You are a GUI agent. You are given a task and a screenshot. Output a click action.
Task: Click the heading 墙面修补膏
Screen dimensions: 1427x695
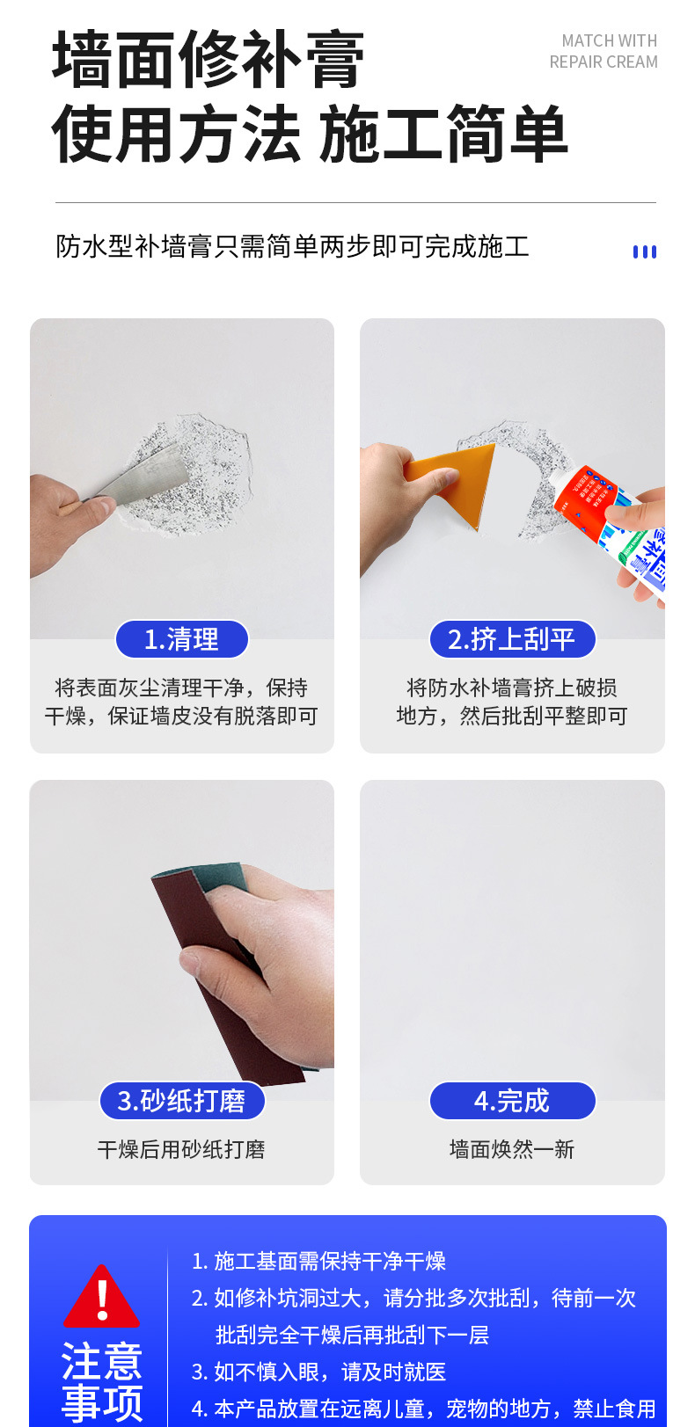coord(208,60)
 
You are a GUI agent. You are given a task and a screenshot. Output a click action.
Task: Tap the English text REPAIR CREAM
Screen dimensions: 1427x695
coord(604,62)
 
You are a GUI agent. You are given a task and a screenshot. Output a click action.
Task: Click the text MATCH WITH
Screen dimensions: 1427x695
coord(609,40)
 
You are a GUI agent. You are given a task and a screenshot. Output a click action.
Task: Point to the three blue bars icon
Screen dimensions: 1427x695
coord(645,251)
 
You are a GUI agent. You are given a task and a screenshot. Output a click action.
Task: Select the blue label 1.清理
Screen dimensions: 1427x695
coord(181,639)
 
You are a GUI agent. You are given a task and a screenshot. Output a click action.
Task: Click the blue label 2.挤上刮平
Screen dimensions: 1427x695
coord(512,639)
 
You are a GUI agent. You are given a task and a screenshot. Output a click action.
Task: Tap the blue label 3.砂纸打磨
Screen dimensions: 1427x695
coord(181,1101)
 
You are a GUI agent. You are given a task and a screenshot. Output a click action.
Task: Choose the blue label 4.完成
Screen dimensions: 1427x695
coord(512,1101)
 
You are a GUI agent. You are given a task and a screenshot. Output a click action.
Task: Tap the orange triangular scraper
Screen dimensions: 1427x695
coord(457,479)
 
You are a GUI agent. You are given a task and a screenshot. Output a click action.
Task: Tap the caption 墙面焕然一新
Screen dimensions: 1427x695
coord(512,1149)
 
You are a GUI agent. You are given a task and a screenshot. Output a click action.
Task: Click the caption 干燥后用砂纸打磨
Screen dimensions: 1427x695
coord(181,1149)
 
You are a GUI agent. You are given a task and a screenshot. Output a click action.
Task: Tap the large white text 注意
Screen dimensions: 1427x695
coord(101,1361)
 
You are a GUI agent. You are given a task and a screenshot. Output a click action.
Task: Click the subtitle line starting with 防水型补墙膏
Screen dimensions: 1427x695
coord(292,247)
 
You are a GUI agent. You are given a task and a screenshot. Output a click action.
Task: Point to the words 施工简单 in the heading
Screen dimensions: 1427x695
coord(443,135)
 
